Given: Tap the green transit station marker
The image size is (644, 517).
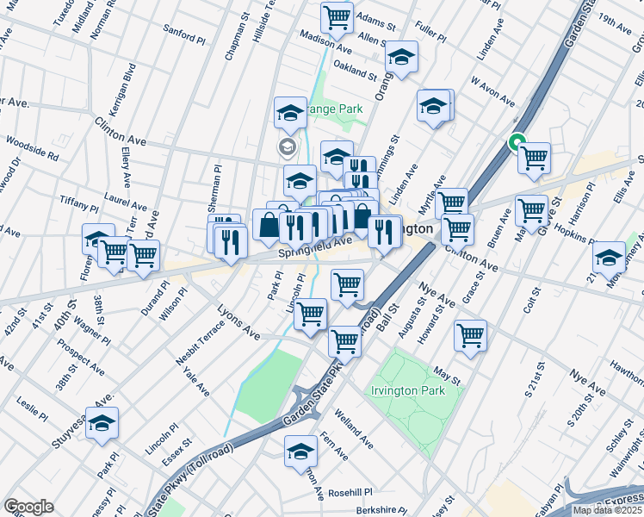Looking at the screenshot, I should click(517, 144).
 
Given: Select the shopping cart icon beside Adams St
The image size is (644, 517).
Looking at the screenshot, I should click(337, 16).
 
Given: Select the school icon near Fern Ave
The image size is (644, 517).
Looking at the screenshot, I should click(300, 451).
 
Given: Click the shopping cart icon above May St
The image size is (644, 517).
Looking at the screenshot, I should click(470, 335).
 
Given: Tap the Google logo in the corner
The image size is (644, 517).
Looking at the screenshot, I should click(28, 506).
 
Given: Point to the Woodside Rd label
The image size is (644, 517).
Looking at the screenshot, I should click(31, 147).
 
